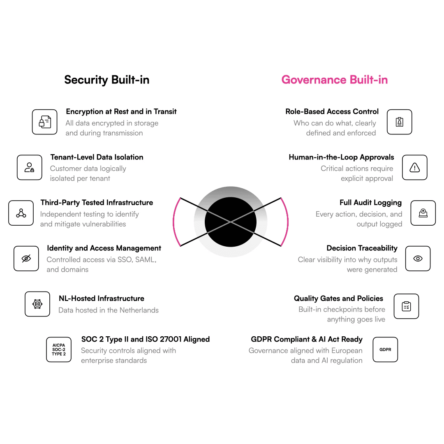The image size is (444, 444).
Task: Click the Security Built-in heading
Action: pos(106,80)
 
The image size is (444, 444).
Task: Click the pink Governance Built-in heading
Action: pos(334,80)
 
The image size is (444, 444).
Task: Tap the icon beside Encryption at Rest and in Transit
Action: pos(45,122)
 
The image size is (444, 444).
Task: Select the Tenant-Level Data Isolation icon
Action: pos(30,167)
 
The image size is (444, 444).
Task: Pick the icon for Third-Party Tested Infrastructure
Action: pos(21,213)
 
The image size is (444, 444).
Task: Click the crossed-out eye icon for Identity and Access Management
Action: pos(26,259)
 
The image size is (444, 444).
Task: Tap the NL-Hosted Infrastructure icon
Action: pos(37,304)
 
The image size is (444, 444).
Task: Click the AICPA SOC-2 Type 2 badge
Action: pos(59,349)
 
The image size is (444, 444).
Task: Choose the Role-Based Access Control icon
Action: pos(399,122)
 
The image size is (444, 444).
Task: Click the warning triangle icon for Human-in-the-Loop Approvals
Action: pos(414,167)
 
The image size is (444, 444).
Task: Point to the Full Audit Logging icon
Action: pos(423,213)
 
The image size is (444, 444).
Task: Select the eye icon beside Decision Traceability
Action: pos(418,259)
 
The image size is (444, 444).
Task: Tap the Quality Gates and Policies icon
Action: pos(406,306)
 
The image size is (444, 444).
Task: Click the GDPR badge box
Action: pos(385,349)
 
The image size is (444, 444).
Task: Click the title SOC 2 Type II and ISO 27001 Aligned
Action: pos(146,339)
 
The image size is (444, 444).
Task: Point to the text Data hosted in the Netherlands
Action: pos(109,310)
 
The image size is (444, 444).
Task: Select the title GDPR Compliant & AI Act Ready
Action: pos(307,339)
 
